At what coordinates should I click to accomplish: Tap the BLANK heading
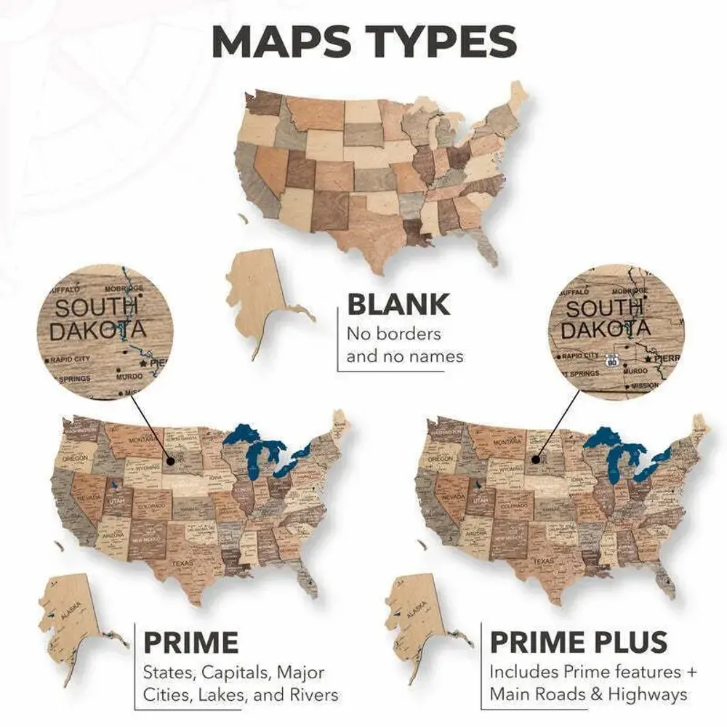coord(398,305)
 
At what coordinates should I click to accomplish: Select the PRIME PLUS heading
coord(578,643)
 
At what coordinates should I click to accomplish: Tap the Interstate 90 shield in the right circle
coord(612,360)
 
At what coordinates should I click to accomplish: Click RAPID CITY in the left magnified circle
coord(71,359)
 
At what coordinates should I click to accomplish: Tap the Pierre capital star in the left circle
coord(142,361)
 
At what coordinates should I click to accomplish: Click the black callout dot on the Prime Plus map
coord(536,459)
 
